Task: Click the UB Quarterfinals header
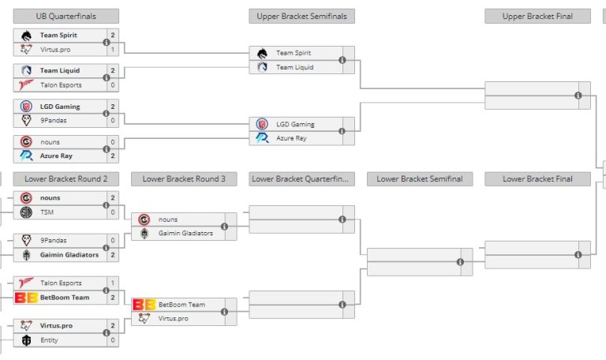point(65,16)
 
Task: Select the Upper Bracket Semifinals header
point(301,16)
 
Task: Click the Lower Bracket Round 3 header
point(184,178)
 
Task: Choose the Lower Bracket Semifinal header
point(419,178)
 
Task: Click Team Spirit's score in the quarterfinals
point(113,36)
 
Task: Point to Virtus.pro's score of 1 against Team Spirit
point(113,49)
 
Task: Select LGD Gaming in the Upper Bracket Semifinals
point(295,124)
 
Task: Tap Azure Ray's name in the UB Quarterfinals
point(56,156)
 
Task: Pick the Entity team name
point(50,340)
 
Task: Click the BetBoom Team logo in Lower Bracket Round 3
point(144,304)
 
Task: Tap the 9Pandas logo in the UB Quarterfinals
point(26,120)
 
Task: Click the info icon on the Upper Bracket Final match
point(578,96)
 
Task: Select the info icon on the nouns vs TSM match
point(107,205)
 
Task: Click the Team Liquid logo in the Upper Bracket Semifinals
point(263,67)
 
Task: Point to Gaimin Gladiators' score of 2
point(113,255)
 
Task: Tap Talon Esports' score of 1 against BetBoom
point(113,283)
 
